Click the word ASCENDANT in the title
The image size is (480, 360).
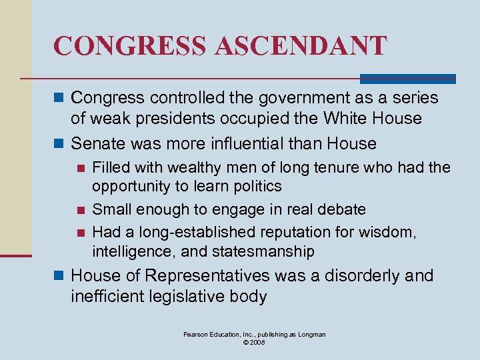click(301, 46)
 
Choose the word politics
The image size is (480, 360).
click(257, 186)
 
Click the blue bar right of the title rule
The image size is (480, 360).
click(408, 79)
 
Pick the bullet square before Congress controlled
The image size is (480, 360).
click(59, 98)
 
